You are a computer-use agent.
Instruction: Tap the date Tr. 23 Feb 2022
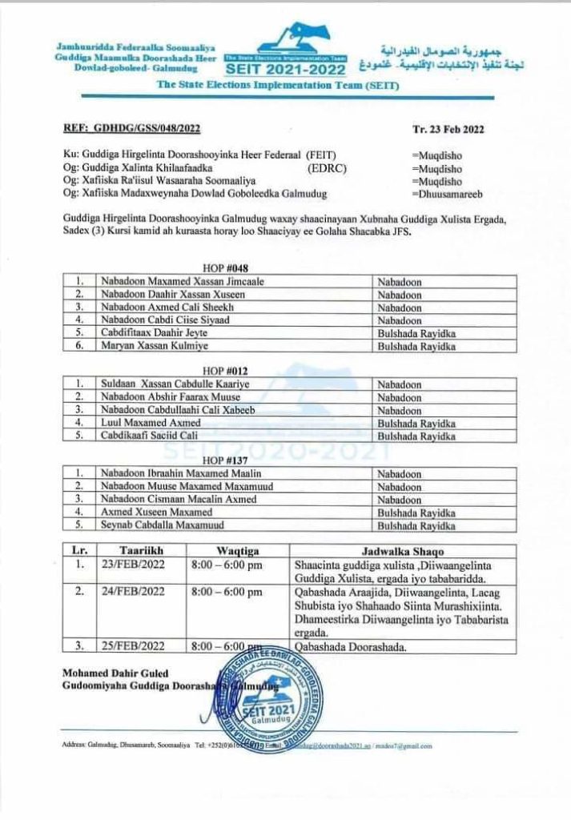448,128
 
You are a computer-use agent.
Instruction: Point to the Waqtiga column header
237,551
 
